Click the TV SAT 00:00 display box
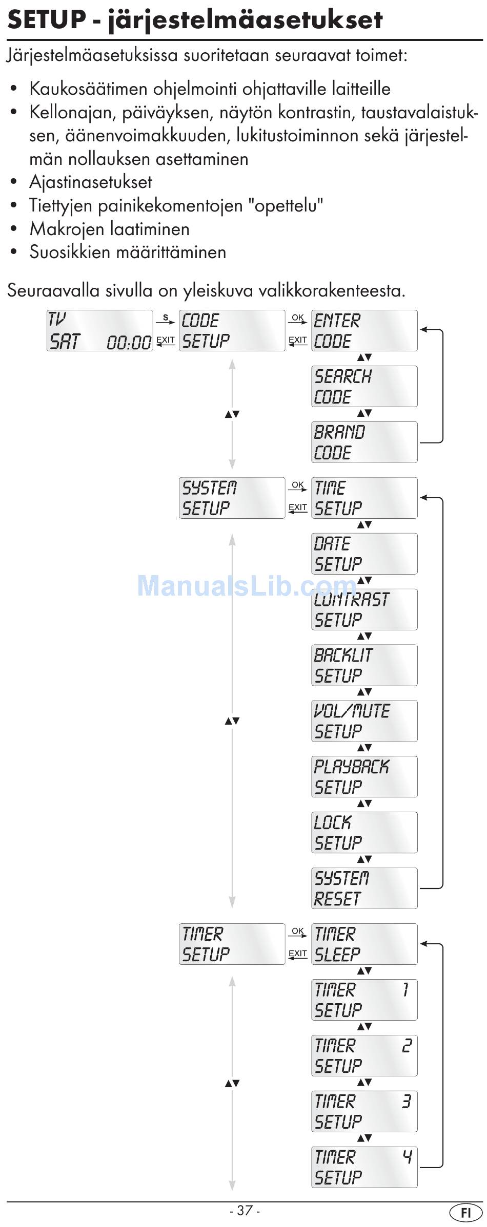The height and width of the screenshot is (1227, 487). coord(100,330)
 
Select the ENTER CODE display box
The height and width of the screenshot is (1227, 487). coord(364,330)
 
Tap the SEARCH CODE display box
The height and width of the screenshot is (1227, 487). coord(364,386)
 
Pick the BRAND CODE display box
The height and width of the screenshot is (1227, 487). coord(364,442)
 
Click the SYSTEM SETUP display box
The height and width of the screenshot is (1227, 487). coord(232,498)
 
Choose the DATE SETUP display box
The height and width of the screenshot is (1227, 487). coord(364,554)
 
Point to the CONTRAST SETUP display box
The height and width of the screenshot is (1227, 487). coord(364,609)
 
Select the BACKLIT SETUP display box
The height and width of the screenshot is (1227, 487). coord(364,665)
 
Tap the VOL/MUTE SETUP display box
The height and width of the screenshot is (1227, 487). coord(364,721)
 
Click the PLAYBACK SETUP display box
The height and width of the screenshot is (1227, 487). coord(364,776)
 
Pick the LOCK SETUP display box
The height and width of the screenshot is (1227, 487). coord(364,832)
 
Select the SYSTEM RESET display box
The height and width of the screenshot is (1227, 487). coord(364,888)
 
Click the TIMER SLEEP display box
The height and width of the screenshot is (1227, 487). coord(364,944)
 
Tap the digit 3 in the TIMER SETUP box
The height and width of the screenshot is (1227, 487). coord(407,1101)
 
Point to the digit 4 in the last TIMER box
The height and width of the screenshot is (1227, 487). coord(407,1156)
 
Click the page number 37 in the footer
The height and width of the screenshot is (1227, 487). coord(245,1210)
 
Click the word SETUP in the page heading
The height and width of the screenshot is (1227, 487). coord(47,19)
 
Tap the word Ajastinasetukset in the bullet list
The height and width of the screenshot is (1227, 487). coord(91,182)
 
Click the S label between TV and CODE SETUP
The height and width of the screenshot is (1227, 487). coord(165,318)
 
